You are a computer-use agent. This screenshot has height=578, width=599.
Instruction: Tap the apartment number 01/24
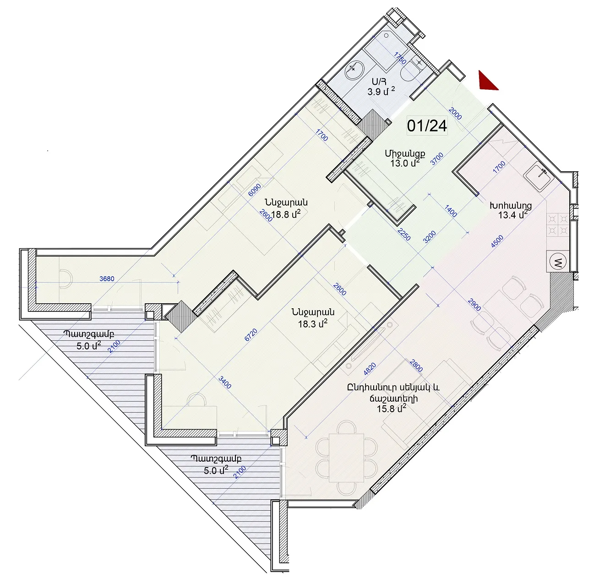point(427,126)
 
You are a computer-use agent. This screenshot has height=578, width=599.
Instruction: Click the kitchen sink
point(539,177)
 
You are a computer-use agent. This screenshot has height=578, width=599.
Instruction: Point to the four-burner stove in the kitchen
point(558,225)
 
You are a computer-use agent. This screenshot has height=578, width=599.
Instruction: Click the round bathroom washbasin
point(354,70)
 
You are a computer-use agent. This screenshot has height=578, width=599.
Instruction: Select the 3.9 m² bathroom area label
point(381,91)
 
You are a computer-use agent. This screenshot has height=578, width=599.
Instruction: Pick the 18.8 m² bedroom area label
point(286,214)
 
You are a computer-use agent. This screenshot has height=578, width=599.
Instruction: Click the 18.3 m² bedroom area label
point(313,323)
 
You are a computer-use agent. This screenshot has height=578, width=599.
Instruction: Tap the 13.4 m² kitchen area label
point(513,214)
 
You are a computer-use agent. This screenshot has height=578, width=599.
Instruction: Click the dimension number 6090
point(255,190)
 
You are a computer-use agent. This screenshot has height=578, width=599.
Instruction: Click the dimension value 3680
point(107,278)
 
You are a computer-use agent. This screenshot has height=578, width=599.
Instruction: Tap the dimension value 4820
point(370,369)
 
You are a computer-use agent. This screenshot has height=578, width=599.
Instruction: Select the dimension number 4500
point(497,241)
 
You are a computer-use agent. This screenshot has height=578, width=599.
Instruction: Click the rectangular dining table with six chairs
point(347,458)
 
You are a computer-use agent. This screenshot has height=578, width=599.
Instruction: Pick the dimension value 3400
point(225,382)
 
